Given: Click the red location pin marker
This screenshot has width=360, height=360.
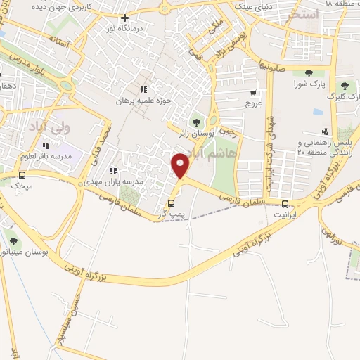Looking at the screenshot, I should click(181, 165).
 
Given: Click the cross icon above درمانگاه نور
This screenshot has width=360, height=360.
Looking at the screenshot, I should click(125, 18).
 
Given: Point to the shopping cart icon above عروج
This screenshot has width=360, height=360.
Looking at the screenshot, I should click(253, 92).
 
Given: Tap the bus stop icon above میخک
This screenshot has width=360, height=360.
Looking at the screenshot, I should click(22, 175).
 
